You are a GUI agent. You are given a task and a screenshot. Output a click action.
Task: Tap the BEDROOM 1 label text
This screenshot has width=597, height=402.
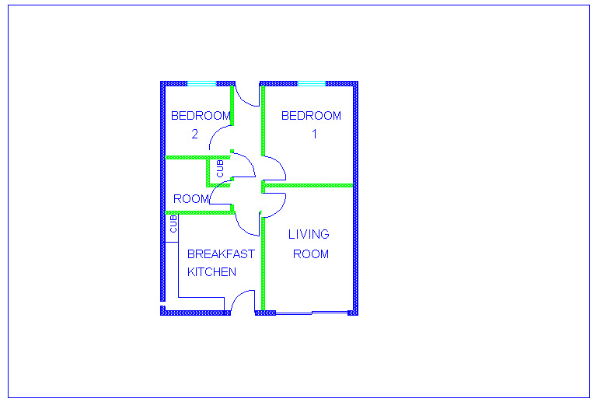tap(311, 124)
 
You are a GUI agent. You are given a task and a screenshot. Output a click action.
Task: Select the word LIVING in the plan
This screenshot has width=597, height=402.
tap(309, 234)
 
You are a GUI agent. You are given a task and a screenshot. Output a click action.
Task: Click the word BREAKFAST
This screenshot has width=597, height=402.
tap(221, 254)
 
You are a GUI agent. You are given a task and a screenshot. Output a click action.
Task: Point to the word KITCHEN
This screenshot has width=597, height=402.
tap(211, 272)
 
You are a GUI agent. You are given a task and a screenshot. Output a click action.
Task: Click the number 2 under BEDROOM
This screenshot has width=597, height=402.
tap(194, 134)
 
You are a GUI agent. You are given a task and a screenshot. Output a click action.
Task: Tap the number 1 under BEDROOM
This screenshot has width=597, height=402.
tap(315, 134)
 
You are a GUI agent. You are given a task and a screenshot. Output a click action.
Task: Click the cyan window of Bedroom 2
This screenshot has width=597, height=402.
tap(202, 83)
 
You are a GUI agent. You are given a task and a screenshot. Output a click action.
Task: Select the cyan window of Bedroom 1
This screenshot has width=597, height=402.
tap(312, 83)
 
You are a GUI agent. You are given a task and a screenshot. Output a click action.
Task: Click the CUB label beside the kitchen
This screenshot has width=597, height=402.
tap(173, 224)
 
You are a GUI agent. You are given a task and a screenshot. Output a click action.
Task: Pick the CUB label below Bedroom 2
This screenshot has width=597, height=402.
tap(220, 169)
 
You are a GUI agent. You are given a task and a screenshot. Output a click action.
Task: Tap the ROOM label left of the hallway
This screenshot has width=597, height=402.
tap(191, 199)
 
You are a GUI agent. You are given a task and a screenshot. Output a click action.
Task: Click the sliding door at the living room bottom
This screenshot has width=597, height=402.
tap(312, 313)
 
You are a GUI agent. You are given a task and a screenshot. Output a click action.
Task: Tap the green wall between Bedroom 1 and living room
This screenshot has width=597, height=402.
tap(308, 185)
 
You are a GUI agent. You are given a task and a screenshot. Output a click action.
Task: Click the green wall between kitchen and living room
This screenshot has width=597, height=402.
tap(263, 264)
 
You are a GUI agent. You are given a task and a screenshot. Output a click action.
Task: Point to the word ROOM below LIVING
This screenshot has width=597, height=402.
tap(311, 254)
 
